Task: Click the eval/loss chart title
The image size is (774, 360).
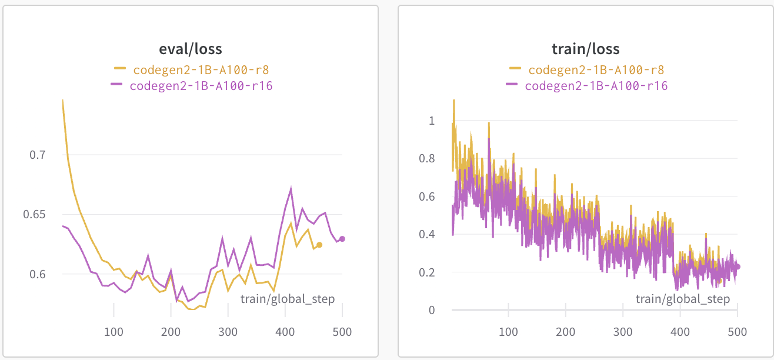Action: [x=190, y=48]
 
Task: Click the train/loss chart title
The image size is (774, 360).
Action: [x=585, y=48]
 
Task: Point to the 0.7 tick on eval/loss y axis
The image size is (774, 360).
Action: [x=38, y=155]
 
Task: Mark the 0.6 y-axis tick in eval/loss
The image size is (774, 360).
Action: [x=38, y=274]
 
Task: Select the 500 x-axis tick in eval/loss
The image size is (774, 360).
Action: [x=342, y=332]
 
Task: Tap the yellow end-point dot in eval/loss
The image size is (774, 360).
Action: [x=319, y=245]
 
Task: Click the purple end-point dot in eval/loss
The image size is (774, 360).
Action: [x=342, y=239]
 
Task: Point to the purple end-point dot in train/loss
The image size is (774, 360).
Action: [x=738, y=266]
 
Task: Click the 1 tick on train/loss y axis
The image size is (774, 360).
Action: [x=432, y=121]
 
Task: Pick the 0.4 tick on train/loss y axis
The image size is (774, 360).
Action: [x=428, y=234]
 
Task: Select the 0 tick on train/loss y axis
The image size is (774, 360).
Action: [x=432, y=310]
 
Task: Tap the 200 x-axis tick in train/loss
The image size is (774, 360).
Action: [x=565, y=332]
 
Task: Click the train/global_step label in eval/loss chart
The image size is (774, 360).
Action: [x=288, y=299]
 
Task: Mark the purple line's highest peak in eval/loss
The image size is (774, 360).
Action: [x=291, y=188]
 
